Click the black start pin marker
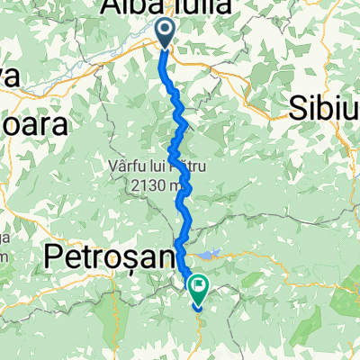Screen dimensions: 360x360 [x=167, y=32]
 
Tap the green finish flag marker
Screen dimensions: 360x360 [x=197, y=287]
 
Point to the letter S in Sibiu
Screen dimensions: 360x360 [x=299, y=107]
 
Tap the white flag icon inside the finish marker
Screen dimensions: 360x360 [x=197, y=285]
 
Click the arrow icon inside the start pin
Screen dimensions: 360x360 [x=167, y=30]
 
